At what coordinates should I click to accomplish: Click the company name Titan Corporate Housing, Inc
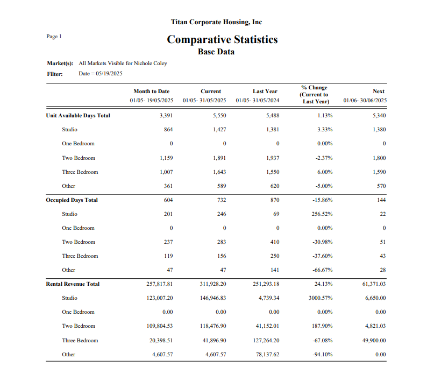216,22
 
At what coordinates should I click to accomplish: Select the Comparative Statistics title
222,39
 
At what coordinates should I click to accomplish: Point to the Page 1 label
54,37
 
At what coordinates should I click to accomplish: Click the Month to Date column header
152,92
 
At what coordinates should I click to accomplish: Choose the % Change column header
315,94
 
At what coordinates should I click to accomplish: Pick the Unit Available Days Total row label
78,115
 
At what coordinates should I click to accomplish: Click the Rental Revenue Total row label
73,284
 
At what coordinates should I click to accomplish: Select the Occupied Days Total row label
72,200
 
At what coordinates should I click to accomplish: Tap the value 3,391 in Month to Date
166,115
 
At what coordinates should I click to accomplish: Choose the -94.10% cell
323,354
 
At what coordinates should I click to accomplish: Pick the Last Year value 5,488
273,115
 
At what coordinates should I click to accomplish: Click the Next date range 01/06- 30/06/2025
365,101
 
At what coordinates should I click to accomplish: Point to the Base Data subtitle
216,52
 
